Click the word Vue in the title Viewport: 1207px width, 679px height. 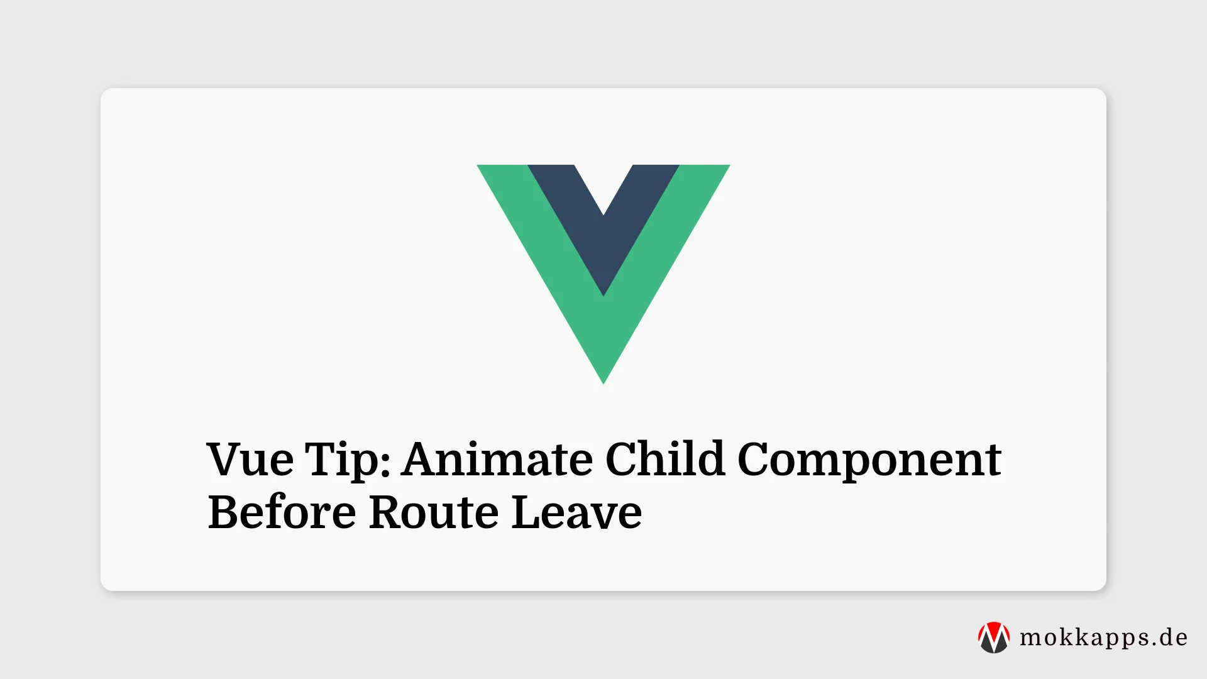(250, 459)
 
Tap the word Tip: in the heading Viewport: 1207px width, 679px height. (348, 460)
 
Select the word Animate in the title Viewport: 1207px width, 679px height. (497, 459)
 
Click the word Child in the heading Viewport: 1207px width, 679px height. (665, 459)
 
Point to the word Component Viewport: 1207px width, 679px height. (869, 460)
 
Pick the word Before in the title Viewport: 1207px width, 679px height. (282, 512)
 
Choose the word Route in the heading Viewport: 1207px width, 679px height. (434, 512)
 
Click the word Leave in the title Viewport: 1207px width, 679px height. (576, 512)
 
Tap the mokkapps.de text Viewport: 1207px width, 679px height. (1103, 638)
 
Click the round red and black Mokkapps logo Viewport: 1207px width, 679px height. (994, 638)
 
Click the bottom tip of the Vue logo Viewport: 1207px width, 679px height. (603, 377)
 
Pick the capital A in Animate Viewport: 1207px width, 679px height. (422, 459)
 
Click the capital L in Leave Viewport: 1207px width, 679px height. (526, 512)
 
